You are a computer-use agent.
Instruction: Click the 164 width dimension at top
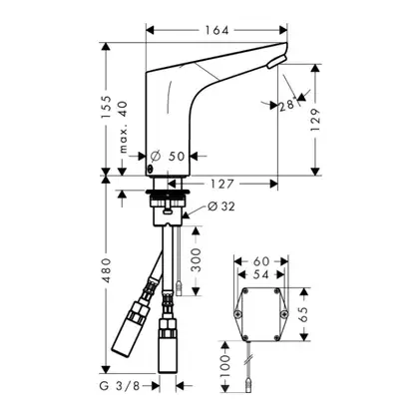pyautogui.click(x=216, y=30)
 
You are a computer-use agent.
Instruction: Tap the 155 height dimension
pyautogui.click(x=107, y=107)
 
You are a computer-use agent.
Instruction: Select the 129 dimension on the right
pyautogui.click(x=315, y=119)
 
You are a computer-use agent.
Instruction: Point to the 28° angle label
pyautogui.click(x=287, y=105)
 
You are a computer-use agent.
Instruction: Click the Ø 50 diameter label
pyautogui.click(x=168, y=156)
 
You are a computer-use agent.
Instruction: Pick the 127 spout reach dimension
pyautogui.click(x=221, y=184)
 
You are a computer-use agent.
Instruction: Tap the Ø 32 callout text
pyautogui.click(x=221, y=207)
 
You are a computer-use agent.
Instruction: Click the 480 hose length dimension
pyautogui.click(x=107, y=270)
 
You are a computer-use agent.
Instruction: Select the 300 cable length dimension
pyautogui.click(x=197, y=259)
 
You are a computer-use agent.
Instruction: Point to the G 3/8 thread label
pyautogui.click(x=119, y=386)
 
